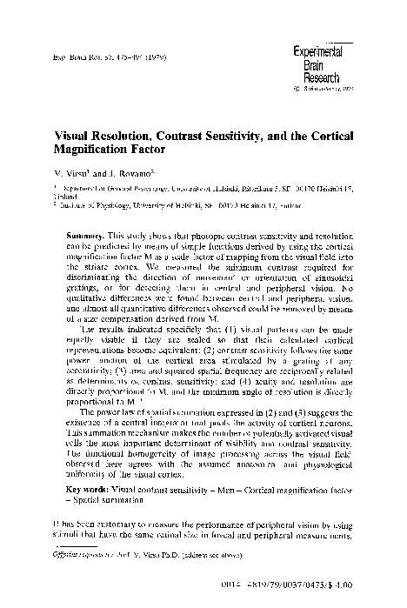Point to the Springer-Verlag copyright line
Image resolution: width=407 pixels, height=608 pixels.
326,88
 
